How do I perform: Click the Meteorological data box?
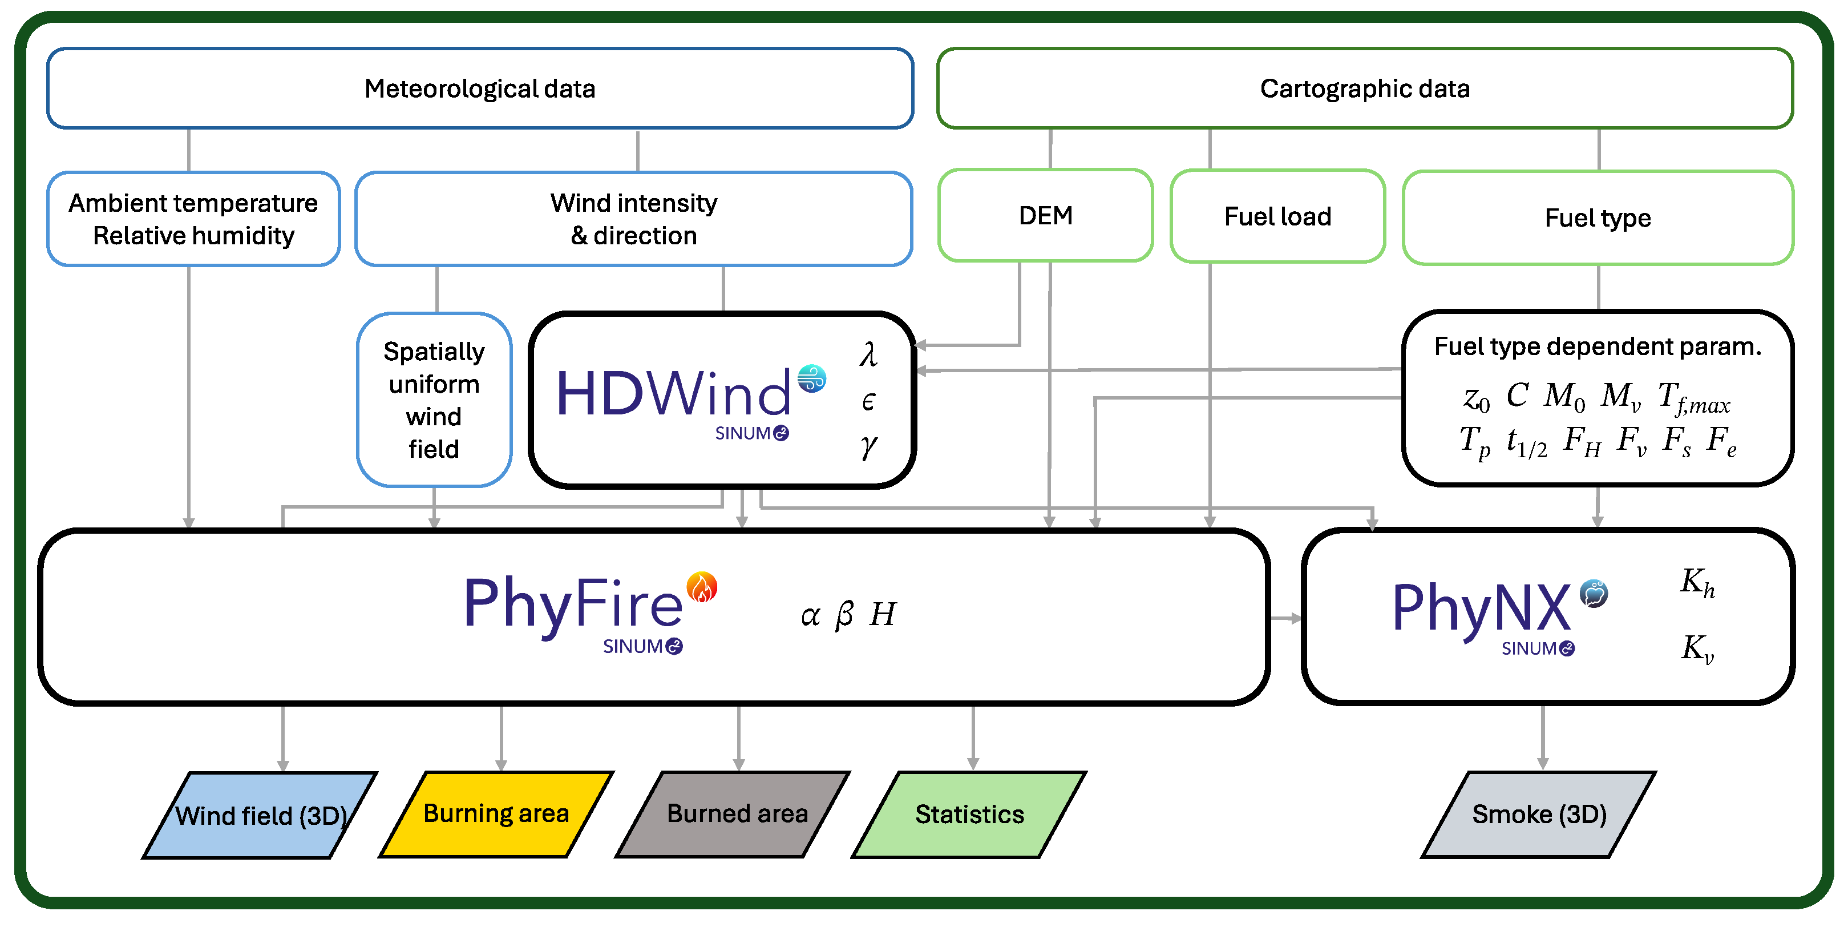pos(480,88)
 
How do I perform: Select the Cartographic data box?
pos(1365,88)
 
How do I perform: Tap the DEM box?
pos(1045,215)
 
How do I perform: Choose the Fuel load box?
pos(1277,216)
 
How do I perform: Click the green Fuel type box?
pos(1598,217)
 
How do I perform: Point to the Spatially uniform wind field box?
pos(434,400)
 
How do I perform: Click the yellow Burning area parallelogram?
pos(496,813)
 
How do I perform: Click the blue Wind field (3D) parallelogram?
pos(260,815)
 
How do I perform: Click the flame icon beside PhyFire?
pos(702,587)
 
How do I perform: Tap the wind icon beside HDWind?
pos(812,378)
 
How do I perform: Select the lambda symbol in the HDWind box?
pos(868,354)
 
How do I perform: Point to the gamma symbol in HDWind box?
pos(868,446)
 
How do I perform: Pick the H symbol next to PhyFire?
pos(883,614)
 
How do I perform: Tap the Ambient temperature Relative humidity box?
pos(193,219)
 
